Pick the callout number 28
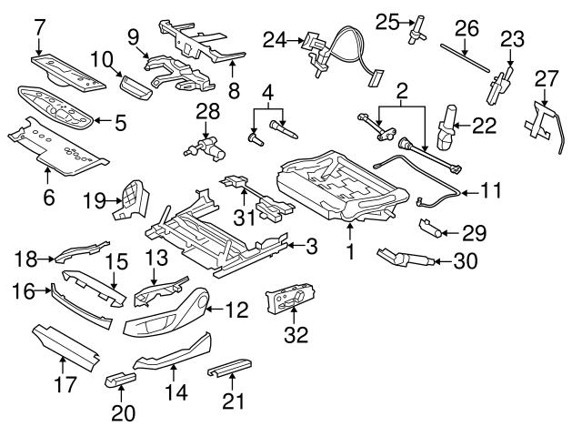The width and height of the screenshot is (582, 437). click(x=207, y=112)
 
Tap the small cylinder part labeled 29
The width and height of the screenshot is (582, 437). click(x=431, y=228)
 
